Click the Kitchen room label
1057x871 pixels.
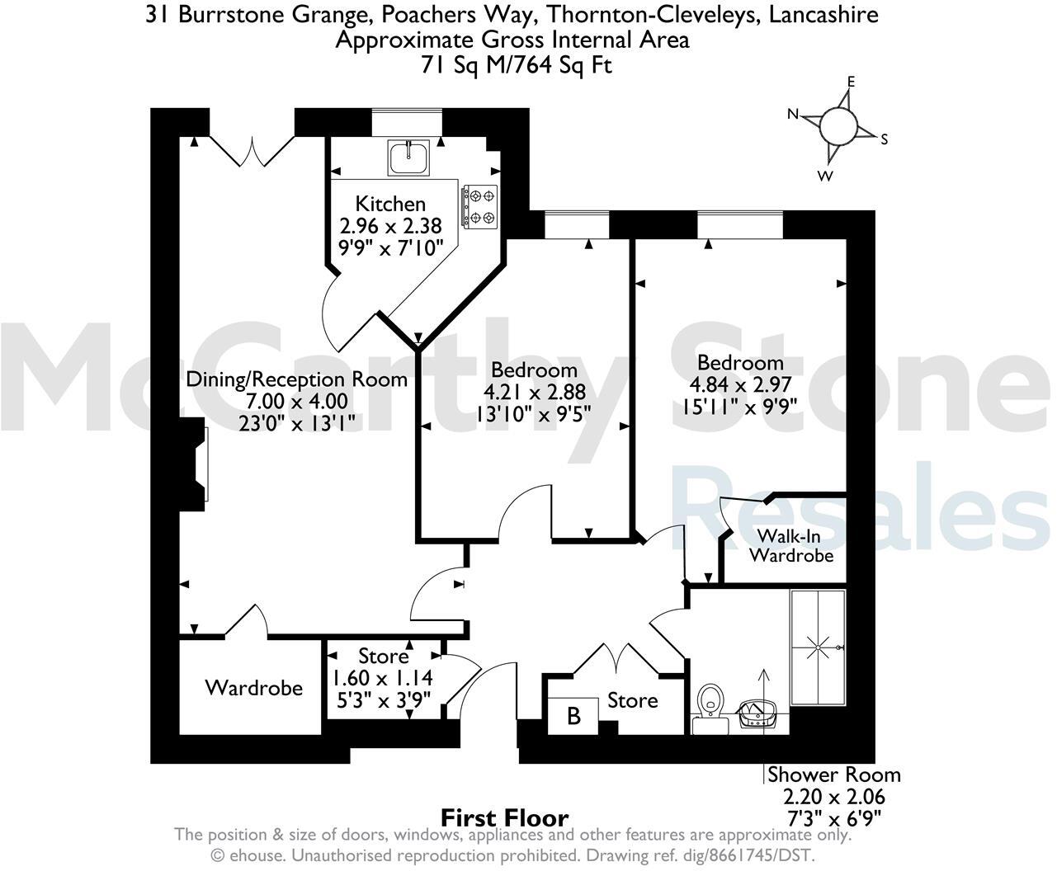click(390, 204)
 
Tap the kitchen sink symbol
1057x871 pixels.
click(408, 157)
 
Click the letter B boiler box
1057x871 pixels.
click(573, 715)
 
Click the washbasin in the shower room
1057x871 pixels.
click(758, 713)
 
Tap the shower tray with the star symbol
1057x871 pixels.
click(819, 647)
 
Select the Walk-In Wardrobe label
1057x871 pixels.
click(790, 544)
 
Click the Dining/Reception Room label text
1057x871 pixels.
click(297, 379)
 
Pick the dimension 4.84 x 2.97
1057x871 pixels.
click(740, 384)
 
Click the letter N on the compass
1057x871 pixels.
click(793, 115)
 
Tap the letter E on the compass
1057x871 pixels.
click(851, 82)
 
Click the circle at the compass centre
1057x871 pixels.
click(838, 126)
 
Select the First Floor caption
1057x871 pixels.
click(505, 817)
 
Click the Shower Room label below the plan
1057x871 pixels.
click(833, 774)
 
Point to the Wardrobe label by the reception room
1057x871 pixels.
click(253, 687)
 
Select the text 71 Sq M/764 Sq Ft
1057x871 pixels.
click(517, 65)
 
